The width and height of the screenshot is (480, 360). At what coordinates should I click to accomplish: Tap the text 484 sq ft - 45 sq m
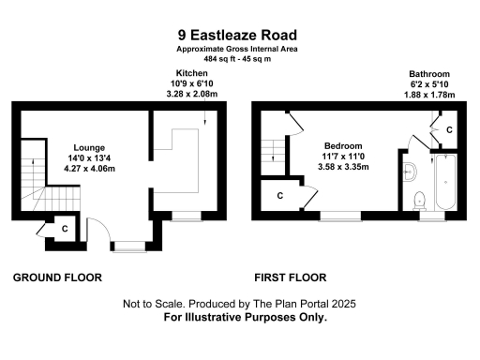point(238,59)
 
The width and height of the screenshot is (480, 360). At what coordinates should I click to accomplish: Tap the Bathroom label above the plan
point(430,73)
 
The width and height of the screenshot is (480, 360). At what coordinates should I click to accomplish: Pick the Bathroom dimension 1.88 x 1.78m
point(430,95)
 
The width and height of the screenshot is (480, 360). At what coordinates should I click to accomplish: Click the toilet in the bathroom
point(419,200)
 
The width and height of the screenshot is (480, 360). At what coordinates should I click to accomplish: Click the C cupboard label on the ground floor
point(64,228)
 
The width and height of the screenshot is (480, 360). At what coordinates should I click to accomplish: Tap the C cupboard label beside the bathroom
point(450,128)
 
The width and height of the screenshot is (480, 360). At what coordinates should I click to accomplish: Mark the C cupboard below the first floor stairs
point(279,195)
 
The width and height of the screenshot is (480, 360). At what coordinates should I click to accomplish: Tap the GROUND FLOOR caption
point(57,277)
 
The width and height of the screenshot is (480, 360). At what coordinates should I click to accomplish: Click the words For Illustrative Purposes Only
point(246,318)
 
